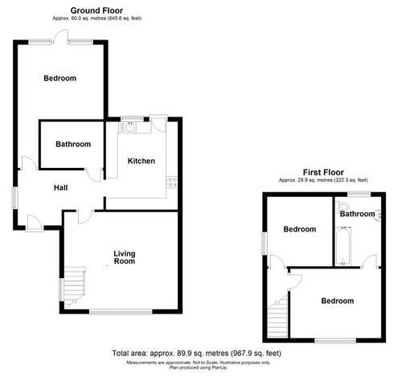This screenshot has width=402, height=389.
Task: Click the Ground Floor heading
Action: point(96,10)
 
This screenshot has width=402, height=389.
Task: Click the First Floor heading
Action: point(322,171)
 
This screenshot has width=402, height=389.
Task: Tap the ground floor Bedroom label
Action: point(59,78)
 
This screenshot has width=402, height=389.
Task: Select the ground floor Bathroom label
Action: point(72,145)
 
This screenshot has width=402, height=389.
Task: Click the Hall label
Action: point(60,188)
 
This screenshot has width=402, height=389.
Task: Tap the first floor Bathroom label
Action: point(357,214)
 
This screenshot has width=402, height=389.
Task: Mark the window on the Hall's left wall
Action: point(14,198)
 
